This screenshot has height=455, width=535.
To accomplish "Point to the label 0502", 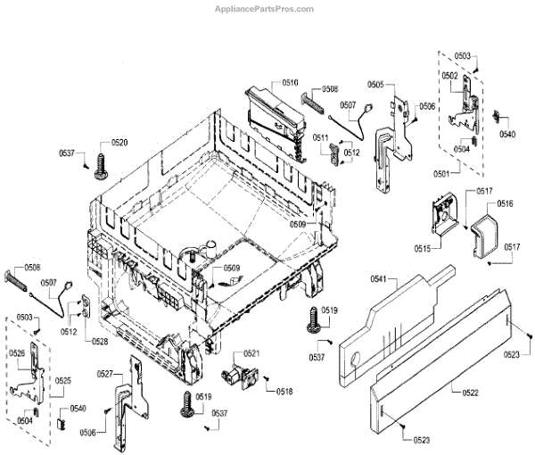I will pos(449,76).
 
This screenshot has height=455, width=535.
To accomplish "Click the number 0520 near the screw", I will pos(119,142).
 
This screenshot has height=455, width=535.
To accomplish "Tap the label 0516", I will pos(506,204).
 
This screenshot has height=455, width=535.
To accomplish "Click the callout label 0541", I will pos(379,279).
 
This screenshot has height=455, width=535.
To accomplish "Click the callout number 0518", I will pos(284,391).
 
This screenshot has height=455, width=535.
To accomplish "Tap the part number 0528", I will pos(99,341).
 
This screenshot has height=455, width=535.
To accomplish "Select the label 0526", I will pos(17,353).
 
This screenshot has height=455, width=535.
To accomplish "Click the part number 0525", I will pos(62,381).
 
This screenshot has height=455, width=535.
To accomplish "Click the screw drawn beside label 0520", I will pos(100,165).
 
